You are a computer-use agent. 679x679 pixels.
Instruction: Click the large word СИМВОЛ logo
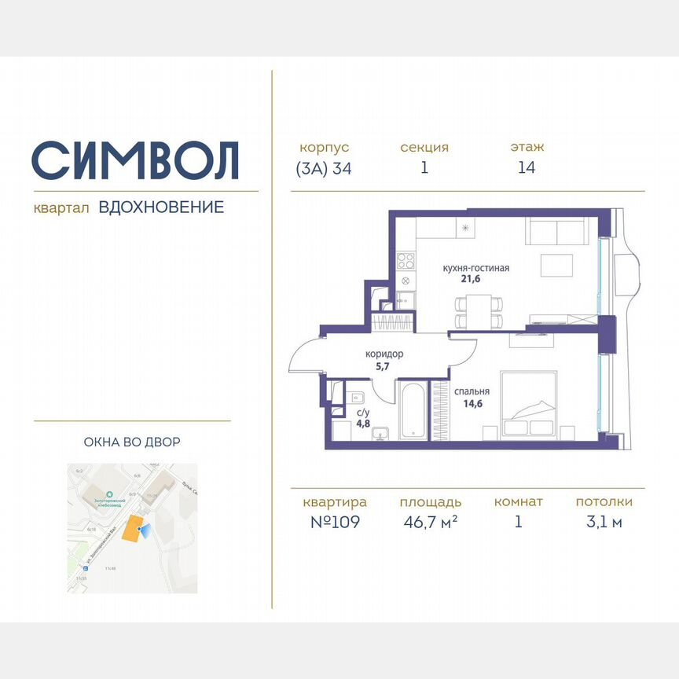(135, 160)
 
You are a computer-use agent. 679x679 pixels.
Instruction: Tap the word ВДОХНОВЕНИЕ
(161, 207)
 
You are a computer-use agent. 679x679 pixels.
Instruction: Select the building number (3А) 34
(324, 168)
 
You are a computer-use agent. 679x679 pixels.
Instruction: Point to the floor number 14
(527, 168)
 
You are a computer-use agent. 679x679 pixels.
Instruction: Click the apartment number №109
(333, 523)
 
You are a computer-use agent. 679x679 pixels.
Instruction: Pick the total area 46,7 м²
(429, 523)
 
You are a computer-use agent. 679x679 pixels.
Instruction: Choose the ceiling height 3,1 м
(604, 523)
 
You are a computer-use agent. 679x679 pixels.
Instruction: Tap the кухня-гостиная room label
(475, 269)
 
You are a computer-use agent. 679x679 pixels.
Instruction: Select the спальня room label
(472, 391)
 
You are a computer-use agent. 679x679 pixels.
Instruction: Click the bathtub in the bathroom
(413, 412)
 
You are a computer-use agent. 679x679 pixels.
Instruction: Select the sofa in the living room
(556, 233)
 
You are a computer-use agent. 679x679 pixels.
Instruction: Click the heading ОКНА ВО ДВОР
(132, 442)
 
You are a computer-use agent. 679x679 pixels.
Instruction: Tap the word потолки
(604, 502)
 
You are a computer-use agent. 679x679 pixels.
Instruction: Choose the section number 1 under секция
(424, 168)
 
